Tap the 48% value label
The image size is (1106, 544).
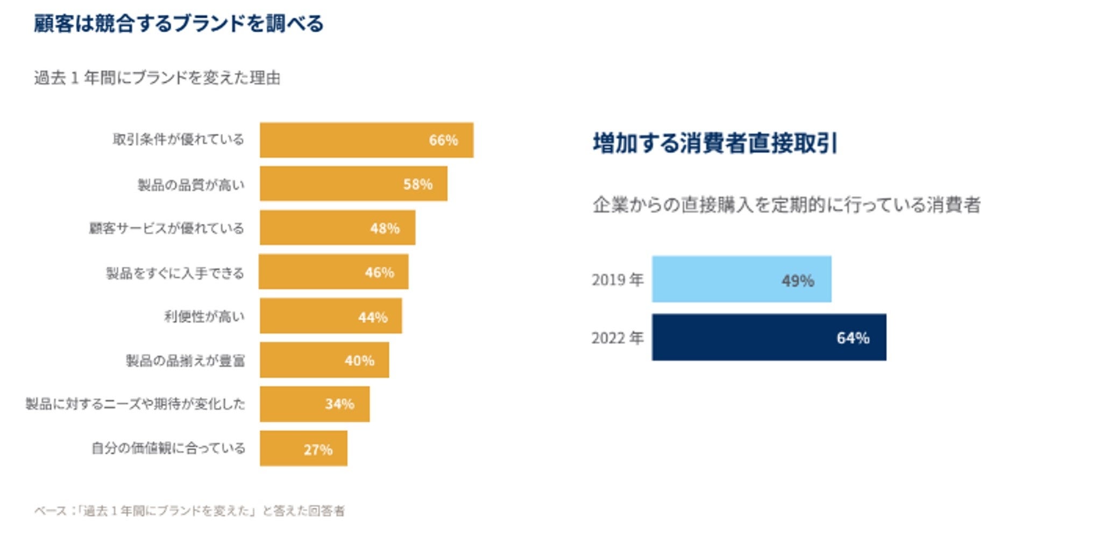click(385, 228)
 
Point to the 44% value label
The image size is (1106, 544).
click(373, 317)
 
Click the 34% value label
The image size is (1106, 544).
click(339, 404)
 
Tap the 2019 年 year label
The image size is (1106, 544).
click(617, 280)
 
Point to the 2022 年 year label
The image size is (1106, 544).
click(617, 338)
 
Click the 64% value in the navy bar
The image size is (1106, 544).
click(853, 338)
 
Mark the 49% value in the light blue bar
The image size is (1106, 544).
click(798, 280)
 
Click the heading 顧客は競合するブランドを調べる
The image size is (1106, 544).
click(179, 24)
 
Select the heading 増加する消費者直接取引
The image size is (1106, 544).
click(715, 143)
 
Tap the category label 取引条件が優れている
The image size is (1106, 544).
click(178, 140)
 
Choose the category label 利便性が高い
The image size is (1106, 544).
click(204, 316)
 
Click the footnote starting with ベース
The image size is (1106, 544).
click(189, 511)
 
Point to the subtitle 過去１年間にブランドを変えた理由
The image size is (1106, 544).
click(157, 78)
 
